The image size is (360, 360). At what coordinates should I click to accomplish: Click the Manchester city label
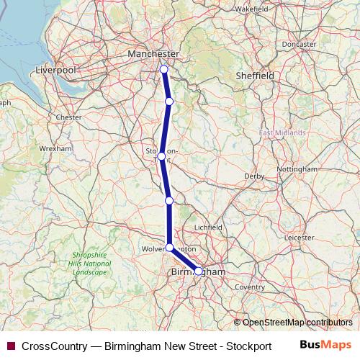153,54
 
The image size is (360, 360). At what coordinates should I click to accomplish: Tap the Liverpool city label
57,71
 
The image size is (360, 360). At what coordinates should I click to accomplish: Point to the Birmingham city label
199,272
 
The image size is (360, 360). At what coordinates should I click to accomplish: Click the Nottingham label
297,169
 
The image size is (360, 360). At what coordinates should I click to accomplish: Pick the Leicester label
299,236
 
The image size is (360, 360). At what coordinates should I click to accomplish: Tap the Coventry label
250,287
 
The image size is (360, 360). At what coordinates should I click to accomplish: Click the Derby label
255,176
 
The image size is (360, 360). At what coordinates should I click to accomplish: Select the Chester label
69,117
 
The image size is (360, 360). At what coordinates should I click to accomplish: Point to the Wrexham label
56,148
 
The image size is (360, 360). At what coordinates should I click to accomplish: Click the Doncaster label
299,44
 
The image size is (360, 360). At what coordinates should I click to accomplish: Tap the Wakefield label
251,9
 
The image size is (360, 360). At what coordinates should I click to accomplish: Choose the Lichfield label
208,227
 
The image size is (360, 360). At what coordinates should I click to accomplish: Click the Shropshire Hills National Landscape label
90,264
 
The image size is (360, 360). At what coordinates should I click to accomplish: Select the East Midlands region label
282,133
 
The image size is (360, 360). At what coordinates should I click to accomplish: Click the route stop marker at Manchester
163,69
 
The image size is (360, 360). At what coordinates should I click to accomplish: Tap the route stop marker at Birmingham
199,271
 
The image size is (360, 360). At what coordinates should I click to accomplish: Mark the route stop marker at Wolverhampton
169,248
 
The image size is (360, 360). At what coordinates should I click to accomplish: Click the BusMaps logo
325,345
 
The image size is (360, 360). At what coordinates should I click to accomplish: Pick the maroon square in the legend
10,346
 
